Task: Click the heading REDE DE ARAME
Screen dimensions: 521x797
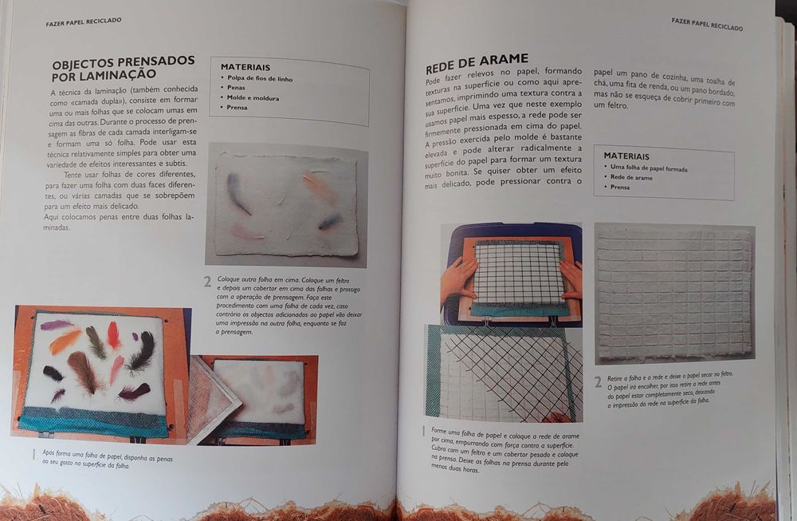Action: pyautogui.click(x=477, y=59)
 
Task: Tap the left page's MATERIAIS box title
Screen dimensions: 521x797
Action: pyautogui.click(x=245, y=67)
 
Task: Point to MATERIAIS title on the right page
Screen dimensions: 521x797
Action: pyautogui.click(x=626, y=156)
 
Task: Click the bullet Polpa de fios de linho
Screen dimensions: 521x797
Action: pyautogui.click(x=259, y=78)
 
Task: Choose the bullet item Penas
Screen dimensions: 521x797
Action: pyautogui.click(x=236, y=88)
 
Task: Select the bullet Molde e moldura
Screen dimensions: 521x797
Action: pyautogui.click(x=249, y=97)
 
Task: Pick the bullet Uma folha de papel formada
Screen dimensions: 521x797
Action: pyautogui.click(x=648, y=169)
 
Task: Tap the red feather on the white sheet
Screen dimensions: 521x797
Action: pyautogui.click(x=113, y=335)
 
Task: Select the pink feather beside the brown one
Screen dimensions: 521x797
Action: pyautogui.click(x=116, y=369)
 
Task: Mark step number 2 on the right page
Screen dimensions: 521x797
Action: pyautogui.click(x=598, y=381)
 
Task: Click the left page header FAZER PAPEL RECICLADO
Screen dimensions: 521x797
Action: pyautogui.click(x=84, y=22)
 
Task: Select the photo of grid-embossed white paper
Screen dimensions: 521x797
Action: pyautogui.click(x=674, y=293)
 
